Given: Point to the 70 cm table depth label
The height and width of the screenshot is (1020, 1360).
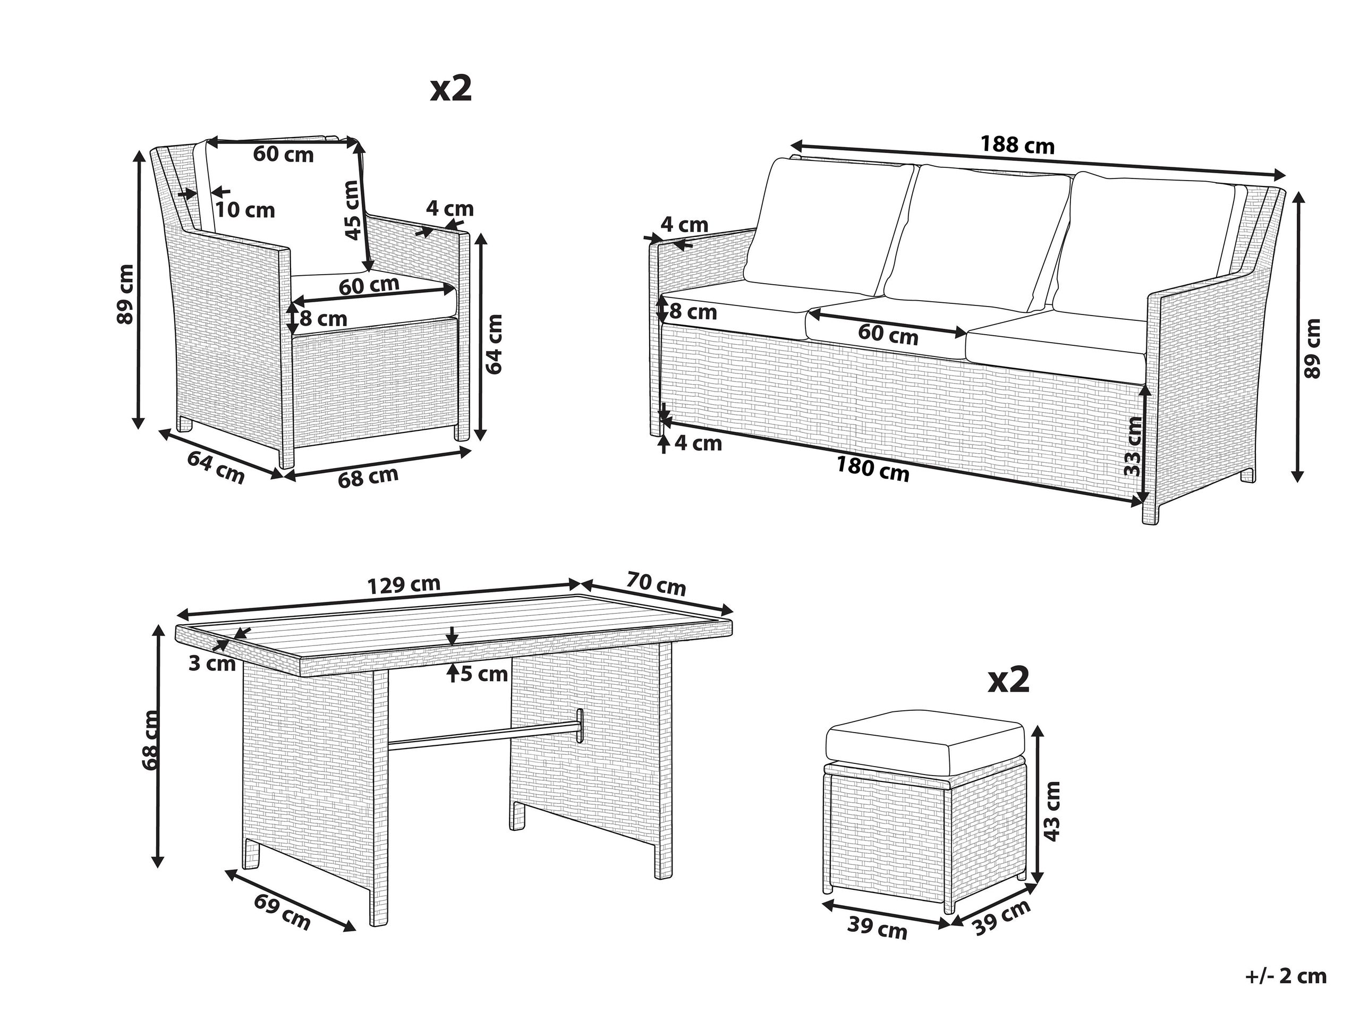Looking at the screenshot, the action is [x=656, y=583].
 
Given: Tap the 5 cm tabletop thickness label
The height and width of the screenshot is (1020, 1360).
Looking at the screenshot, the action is [x=484, y=675].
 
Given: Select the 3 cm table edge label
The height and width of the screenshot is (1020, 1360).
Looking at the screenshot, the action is [x=212, y=664].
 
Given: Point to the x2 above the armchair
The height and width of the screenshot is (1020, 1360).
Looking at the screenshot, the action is [x=450, y=89].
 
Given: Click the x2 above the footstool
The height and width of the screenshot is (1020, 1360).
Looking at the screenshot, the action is [x=1008, y=681].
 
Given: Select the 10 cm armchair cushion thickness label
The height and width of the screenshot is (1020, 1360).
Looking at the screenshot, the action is [x=245, y=210].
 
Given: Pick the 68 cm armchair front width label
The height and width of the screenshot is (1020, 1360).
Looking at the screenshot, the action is [x=368, y=477].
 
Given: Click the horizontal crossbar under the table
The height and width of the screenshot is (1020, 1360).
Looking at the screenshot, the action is [x=484, y=735].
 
